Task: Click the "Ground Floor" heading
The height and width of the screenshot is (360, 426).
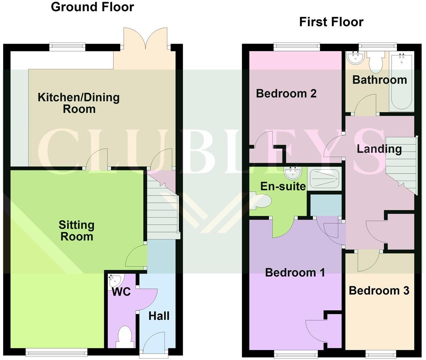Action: pos(93,7)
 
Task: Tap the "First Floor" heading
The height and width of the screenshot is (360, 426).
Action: pos(331,22)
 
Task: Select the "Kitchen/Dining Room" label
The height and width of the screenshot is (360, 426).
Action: pos(79,103)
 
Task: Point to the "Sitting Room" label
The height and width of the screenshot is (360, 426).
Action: pos(77,231)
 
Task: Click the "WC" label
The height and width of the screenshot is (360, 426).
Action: pos(121,292)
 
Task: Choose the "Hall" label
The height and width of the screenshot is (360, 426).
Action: pos(159,316)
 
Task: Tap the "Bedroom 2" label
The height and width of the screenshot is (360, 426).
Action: pos(286,94)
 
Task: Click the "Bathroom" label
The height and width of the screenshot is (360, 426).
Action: pos(379,80)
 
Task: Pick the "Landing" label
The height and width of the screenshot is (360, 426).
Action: pos(379,149)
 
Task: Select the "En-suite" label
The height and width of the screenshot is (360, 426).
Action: pos(283,186)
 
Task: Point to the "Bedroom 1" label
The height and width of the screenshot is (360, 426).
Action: pos(295,272)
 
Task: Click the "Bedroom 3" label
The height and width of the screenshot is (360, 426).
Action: pos(379,291)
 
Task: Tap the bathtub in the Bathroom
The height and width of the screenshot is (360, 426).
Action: pos(401,81)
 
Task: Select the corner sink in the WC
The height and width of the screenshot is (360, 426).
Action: pos(114,281)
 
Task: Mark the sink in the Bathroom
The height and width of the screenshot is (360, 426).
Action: pos(355,57)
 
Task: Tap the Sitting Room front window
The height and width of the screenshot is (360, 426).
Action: pos(56,352)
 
